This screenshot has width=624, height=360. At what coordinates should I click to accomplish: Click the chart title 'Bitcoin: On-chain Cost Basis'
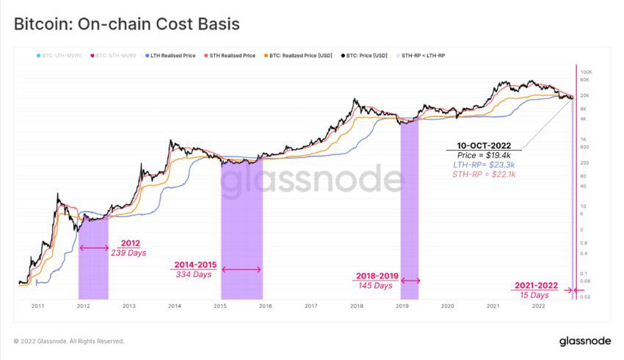[x=127, y=24]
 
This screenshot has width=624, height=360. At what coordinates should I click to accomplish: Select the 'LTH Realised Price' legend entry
[x=173, y=55]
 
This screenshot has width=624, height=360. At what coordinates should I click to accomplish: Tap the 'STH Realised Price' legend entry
[x=232, y=55]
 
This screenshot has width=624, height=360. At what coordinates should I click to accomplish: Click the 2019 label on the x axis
[x=402, y=306]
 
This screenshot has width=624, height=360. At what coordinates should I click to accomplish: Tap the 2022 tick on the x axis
[x=538, y=306]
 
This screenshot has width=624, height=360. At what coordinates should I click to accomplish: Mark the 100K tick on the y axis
[x=587, y=73]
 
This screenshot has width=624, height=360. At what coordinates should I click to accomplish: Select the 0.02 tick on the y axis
[x=585, y=297]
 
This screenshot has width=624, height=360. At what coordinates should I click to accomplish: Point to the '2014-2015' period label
[x=194, y=264]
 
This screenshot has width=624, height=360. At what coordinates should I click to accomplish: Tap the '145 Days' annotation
[x=377, y=286]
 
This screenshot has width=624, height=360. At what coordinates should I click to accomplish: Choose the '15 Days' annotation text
[x=534, y=295]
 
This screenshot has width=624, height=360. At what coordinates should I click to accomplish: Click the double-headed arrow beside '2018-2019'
[x=410, y=280]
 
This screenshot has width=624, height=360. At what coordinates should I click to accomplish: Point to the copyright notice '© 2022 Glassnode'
[x=69, y=342]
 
